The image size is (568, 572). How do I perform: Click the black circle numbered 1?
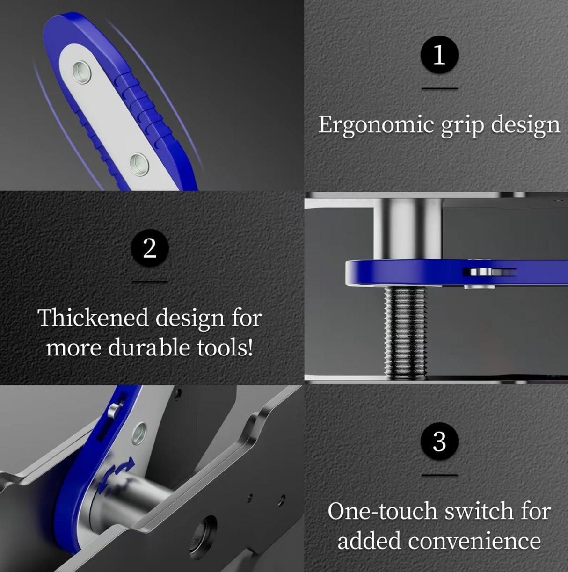click(439, 55)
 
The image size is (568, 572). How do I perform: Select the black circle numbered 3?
click(439, 441)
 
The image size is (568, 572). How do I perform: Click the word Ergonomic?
click(376, 125)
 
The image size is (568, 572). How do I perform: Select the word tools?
click(225, 348)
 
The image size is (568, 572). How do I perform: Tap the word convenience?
click(474, 542)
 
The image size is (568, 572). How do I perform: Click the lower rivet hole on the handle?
click(139, 163)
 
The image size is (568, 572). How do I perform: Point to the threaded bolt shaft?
click(405, 330)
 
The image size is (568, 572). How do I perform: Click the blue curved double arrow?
click(117, 473)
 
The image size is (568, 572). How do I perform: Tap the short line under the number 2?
click(150, 281)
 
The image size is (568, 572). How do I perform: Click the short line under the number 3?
click(439, 475)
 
